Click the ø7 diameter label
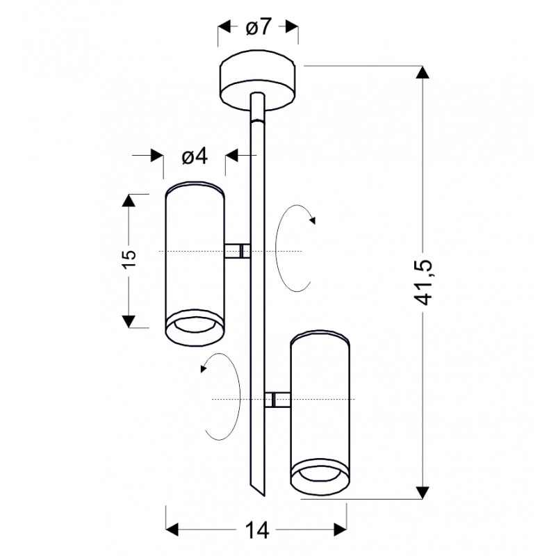(259, 27)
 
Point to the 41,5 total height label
(423, 282)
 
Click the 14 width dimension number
(257, 530)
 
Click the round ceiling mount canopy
(258, 81)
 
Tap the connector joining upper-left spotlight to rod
(238, 251)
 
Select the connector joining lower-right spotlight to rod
(277, 400)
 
